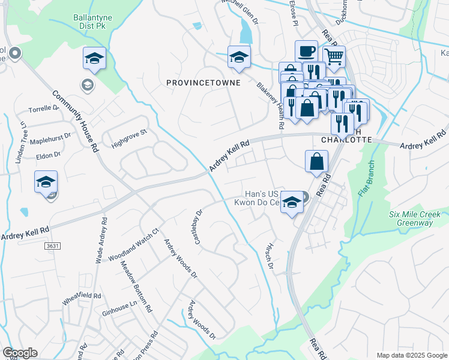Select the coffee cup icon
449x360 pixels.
click(306, 50)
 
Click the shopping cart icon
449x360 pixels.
click(334, 56)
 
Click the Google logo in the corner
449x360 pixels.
click(20, 353)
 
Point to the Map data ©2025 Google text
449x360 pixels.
click(411, 355)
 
